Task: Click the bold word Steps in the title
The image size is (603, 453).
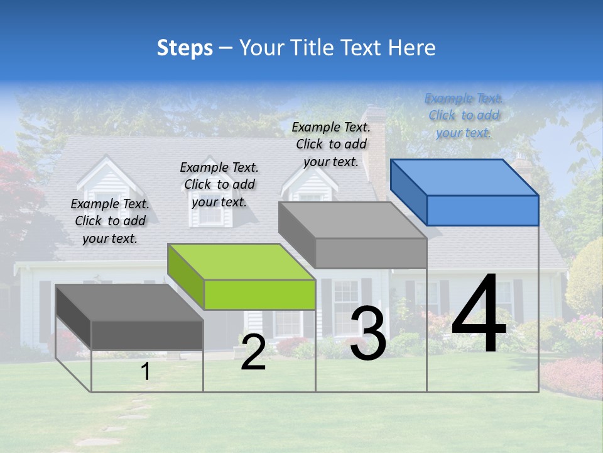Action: [185, 48]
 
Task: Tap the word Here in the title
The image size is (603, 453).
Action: [411, 48]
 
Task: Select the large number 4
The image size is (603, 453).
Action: [479, 316]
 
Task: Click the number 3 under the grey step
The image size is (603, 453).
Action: [368, 334]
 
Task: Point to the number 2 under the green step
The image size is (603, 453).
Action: [253, 353]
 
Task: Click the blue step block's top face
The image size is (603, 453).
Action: [464, 177]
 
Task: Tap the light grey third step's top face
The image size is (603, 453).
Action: [352, 220]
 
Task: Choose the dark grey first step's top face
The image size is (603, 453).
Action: [129, 303]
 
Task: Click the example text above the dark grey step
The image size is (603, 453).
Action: [110, 221]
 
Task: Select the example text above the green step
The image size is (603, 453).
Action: [219, 184]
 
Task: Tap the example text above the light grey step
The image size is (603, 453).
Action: [331, 144]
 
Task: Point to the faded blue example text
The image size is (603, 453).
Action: [464, 115]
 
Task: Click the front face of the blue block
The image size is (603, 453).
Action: [482, 210]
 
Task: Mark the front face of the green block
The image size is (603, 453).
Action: [259, 294]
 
